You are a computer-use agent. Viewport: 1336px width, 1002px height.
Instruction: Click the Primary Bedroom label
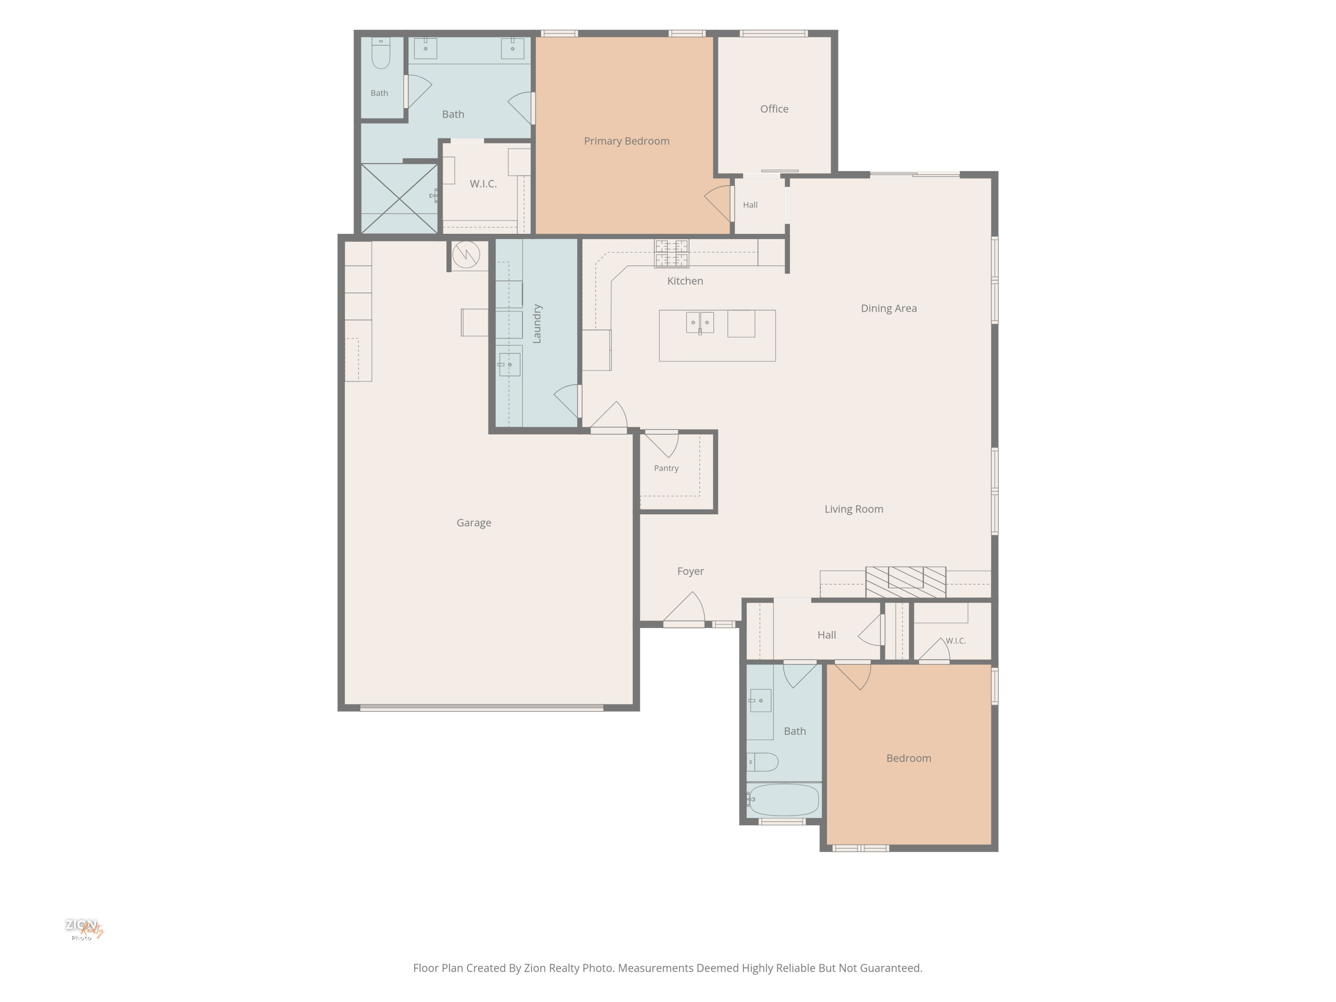(626, 141)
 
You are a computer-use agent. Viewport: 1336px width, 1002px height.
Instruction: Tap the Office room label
(774, 109)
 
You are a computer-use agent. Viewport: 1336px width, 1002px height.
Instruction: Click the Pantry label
(666, 468)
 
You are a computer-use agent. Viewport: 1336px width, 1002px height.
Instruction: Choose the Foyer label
(690, 571)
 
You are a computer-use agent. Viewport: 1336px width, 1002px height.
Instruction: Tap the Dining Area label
(888, 309)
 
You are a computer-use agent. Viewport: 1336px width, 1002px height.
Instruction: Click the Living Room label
(853, 509)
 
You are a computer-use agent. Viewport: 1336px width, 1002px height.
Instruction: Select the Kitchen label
(685, 281)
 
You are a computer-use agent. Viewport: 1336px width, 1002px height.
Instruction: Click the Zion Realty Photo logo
(84, 929)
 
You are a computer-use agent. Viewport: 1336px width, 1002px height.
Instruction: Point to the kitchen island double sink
(700, 322)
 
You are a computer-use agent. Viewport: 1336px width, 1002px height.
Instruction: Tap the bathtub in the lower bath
(784, 800)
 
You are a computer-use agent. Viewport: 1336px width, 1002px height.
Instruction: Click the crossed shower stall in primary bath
(399, 199)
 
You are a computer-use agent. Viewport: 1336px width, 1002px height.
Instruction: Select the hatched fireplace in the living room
(905, 582)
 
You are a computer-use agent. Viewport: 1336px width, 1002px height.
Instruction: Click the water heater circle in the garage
(466, 254)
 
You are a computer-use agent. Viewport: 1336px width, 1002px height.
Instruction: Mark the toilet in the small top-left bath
(380, 53)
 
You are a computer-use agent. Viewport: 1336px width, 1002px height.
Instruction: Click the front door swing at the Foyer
(684, 609)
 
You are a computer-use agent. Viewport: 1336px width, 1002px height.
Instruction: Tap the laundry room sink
(509, 365)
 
